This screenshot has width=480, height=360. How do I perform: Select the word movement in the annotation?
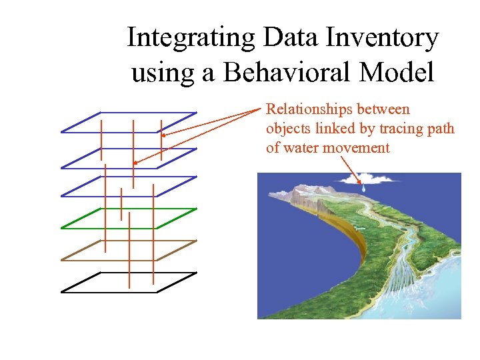tap(357, 148)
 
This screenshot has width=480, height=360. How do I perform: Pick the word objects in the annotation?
tap(288, 129)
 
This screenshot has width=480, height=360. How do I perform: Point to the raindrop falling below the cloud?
tap(363, 189)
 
